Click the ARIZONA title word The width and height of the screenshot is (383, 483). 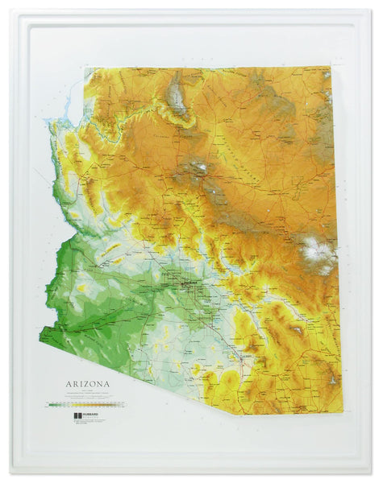(88, 383)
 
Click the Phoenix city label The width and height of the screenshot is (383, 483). (190, 284)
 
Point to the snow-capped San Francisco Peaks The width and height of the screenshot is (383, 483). (198, 168)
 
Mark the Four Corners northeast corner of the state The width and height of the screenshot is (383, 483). (331, 69)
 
